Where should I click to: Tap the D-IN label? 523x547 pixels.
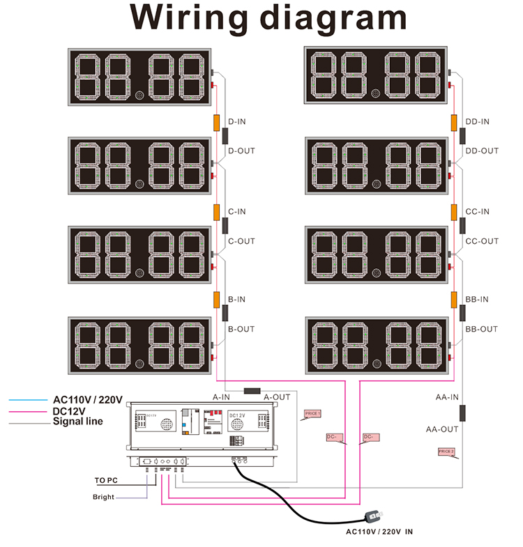pyautogui.click(x=237, y=122)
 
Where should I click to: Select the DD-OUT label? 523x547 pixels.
pyautogui.click(x=482, y=151)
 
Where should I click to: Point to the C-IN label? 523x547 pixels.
pyautogui.click(x=237, y=212)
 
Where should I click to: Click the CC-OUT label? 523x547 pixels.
pyautogui.click(x=482, y=242)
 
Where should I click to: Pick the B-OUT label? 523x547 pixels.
pyautogui.click(x=241, y=329)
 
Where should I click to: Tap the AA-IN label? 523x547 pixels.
pyautogui.click(x=447, y=397)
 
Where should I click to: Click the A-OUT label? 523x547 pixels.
pyautogui.click(x=277, y=396)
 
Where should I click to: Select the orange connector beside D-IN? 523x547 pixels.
pyautogui.click(x=216, y=122)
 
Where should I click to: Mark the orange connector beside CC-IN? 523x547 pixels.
pyautogui.click(x=453, y=212)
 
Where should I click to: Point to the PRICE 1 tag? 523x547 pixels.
pyautogui.click(x=312, y=414)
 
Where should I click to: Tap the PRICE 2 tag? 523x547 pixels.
pyautogui.click(x=446, y=452)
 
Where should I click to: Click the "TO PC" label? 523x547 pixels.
pyautogui.click(x=108, y=480)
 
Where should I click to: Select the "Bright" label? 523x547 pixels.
pyautogui.click(x=103, y=497)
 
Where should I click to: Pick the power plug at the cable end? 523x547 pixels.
pyautogui.click(x=373, y=516)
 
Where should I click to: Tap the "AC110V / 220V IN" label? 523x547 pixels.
pyautogui.click(x=380, y=532)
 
